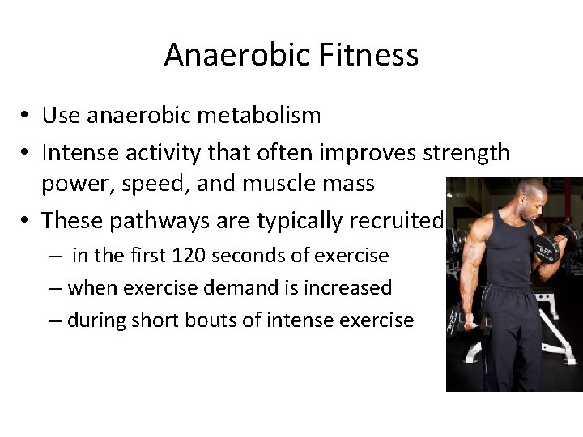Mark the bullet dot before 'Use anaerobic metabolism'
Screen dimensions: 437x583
click(x=28, y=117)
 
